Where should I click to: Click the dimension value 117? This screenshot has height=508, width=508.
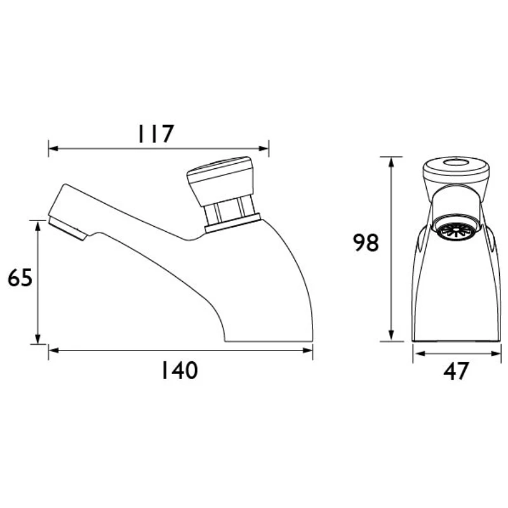coord(156,134)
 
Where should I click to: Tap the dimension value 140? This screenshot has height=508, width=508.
coord(180,370)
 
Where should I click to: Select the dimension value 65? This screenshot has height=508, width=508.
coord(20,277)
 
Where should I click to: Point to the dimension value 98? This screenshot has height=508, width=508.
coord(366,243)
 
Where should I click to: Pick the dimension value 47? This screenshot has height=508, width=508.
coord(456,371)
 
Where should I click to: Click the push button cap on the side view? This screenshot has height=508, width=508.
coord(220,180)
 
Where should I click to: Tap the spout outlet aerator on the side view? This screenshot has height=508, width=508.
coord(67,229)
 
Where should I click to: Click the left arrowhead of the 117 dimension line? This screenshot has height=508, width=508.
coord(53,149)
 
